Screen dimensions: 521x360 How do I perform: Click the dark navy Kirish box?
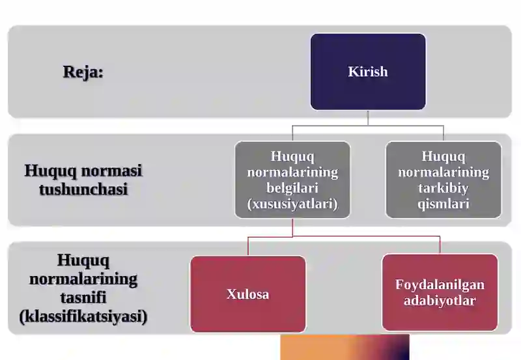pos(368,72)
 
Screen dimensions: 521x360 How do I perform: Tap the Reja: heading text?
pos(83,72)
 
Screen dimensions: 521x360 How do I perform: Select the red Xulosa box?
pos(248,294)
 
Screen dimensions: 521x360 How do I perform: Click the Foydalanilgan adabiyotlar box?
pos(440,292)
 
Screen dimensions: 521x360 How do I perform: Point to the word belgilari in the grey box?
pos(292,188)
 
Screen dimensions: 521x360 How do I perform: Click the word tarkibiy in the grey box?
pos(444,188)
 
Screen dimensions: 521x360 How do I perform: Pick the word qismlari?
pos(444,204)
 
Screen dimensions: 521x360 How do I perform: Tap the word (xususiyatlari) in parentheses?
pos(292,204)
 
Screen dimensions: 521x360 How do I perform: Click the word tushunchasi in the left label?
pos(83,189)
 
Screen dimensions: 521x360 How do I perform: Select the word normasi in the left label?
pos(111,171)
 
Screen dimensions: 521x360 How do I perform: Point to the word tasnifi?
pos(83,298)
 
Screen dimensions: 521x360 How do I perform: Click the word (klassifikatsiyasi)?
pos(83,316)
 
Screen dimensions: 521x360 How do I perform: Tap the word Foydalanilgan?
pos(440,284)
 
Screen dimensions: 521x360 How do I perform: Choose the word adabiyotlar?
pos(440,301)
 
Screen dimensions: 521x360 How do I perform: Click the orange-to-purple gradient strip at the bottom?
pos(345,347)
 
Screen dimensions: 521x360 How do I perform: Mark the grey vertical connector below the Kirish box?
pos(368,118)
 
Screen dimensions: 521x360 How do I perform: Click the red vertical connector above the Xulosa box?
pos(248,246)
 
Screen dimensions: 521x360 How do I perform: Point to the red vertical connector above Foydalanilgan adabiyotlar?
pos(440,245)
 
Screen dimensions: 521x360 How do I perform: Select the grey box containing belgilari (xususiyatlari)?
pos(292,180)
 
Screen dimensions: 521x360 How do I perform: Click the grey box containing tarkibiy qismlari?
pos(444,180)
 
